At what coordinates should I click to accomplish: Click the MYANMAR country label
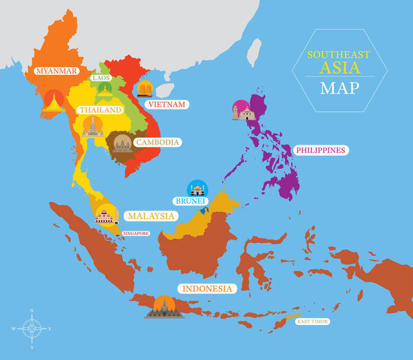(x=57, y=70)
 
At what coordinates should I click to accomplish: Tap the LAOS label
(x=101, y=78)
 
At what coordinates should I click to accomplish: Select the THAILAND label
(x=100, y=110)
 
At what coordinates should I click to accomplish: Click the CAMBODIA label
(x=158, y=142)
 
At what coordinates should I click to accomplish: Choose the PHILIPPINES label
(x=320, y=149)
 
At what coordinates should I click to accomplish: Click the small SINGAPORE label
(x=136, y=233)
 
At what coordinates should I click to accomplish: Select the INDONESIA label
(x=205, y=288)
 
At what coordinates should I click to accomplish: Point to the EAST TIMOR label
(x=313, y=321)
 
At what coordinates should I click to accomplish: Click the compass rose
(x=31, y=328)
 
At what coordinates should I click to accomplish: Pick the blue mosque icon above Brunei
(x=198, y=187)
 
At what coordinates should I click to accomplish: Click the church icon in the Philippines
(x=244, y=112)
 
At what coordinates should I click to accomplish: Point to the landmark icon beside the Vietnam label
(x=145, y=89)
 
